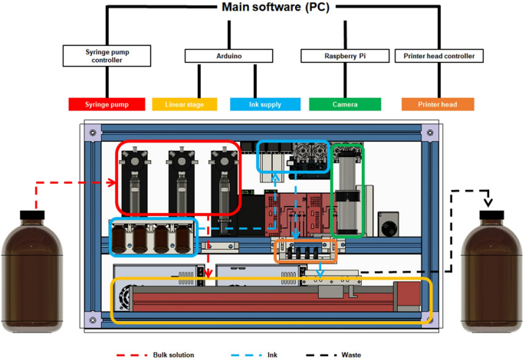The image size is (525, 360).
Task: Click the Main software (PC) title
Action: click(x=263, y=8)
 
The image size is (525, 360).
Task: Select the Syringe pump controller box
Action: click(x=104, y=56)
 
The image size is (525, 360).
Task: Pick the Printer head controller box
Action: click(x=438, y=56)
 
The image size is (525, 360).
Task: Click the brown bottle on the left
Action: click(x=30, y=264)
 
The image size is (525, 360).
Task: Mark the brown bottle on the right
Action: click(x=491, y=268)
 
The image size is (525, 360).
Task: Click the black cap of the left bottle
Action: click(x=30, y=211)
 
